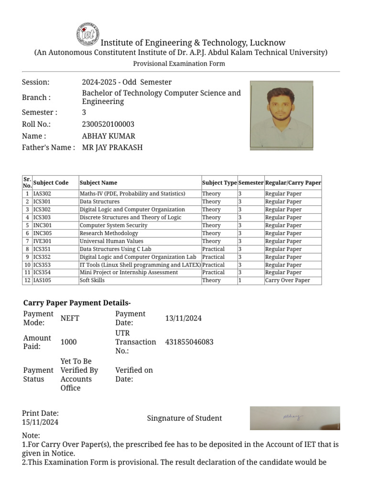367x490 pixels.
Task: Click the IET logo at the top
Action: (x=87, y=34)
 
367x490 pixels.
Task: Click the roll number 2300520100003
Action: (x=108, y=124)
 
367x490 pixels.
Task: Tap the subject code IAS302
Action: (x=42, y=194)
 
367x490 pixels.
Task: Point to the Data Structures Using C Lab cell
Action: (x=115, y=249)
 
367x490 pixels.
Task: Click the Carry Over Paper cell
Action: (x=287, y=280)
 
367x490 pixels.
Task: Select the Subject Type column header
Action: (x=219, y=183)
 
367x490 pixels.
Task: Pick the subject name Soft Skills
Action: (x=92, y=280)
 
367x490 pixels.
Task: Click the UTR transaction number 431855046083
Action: (x=189, y=342)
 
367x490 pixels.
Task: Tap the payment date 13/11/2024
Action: (x=183, y=318)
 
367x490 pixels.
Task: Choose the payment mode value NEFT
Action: (x=70, y=318)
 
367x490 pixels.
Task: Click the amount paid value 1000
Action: (x=68, y=342)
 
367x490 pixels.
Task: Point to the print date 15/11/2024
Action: (x=40, y=422)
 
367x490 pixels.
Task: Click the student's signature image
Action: (x=295, y=418)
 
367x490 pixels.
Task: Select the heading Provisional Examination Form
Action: (x=179, y=64)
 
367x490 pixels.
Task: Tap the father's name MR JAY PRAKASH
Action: (x=112, y=147)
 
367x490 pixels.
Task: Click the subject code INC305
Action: (x=42, y=233)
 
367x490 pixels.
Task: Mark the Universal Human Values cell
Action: (x=111, y=241)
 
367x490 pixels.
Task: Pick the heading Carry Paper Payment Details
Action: (x=77, y=303)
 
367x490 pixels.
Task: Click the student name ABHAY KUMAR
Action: (x=108, y=136)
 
